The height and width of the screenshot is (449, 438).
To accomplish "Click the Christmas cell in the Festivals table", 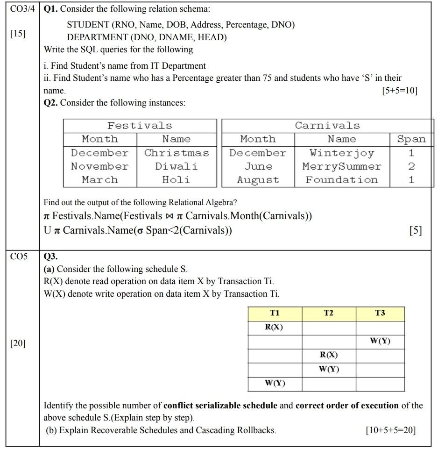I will click(177, 153).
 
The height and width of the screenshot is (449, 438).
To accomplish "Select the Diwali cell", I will click(177, 166).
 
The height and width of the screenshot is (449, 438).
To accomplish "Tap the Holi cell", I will click(177, 180).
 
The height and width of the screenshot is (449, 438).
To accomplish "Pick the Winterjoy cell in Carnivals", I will click(342, 153).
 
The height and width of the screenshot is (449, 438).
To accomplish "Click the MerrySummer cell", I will click(342, 166).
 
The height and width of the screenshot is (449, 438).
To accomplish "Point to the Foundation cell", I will click(342, 180).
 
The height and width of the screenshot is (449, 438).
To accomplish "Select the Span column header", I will click(411, 139).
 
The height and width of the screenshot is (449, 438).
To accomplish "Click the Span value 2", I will click(411, 166).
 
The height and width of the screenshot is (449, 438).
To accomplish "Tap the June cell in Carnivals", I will click(258, 166).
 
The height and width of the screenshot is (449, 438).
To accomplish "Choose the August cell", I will click(258, 180).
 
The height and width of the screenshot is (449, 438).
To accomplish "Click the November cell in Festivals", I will click(99, 166).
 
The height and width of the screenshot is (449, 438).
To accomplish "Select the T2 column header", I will click(329, 313).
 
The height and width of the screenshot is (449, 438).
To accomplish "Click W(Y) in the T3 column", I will click(380, 341).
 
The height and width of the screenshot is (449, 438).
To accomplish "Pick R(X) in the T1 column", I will click(275, 327).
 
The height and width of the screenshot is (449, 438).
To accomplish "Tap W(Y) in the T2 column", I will click(329, 369).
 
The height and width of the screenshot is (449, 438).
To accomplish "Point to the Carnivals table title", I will click(327, 126).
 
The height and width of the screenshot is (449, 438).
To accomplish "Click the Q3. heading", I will click(50, 257).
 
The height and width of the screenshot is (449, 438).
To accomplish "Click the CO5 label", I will click(19, 257).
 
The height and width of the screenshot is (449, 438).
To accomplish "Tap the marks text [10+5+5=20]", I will click(391, 430).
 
